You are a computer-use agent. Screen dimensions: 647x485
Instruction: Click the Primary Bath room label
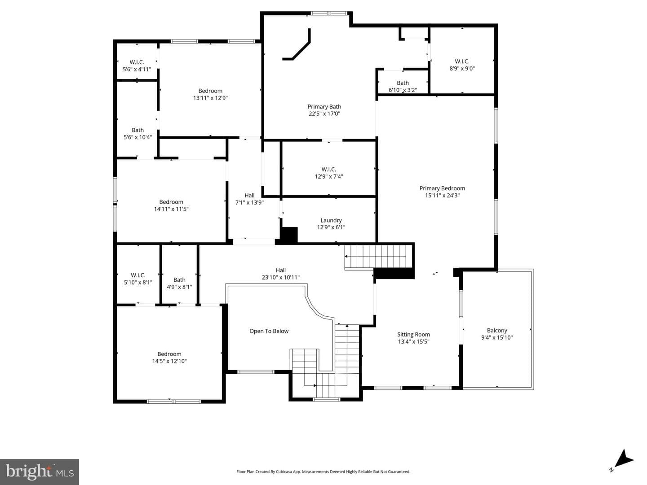[324, 106]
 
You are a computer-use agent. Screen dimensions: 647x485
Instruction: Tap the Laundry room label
[331, 220]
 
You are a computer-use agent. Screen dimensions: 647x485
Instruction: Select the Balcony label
[497, 331]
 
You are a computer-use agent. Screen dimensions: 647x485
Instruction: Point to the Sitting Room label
[413, 334]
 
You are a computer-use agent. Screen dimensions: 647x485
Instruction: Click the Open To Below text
[269, 331]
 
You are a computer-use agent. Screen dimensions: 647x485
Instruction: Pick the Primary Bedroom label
[442, 188]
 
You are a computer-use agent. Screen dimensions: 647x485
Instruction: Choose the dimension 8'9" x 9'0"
[462, 69]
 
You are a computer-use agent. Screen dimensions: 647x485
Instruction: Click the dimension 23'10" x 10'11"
[281, 277]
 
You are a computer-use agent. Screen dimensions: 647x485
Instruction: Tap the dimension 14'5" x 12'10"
[169, 361]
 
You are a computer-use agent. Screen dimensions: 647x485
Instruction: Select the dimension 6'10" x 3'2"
[403, 90]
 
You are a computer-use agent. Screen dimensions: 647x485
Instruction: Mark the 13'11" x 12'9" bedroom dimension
[210, 98]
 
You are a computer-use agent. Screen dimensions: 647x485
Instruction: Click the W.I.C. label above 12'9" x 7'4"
[328, 170]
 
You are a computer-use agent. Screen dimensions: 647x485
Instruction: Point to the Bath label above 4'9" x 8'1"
[179, 280]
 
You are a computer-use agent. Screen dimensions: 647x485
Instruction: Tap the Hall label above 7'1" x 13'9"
[249, 196]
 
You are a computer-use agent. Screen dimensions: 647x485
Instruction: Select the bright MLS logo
[40, 472]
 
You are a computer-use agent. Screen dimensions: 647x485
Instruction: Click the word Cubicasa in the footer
[283, 472]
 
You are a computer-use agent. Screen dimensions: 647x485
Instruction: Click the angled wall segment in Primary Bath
[297, 44]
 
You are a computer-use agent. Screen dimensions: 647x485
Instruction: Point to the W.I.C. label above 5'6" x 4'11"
[137, 62]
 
